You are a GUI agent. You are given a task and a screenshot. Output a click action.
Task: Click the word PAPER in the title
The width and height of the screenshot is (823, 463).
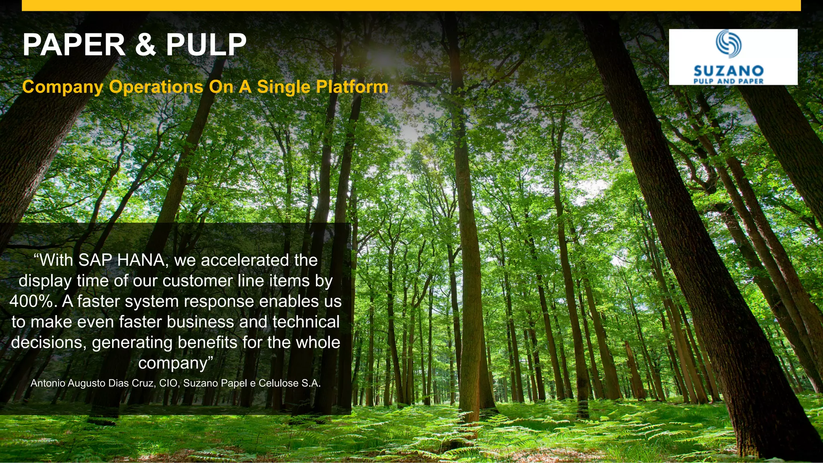(74, 45)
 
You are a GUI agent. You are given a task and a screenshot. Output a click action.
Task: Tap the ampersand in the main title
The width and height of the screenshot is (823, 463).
(145, 45)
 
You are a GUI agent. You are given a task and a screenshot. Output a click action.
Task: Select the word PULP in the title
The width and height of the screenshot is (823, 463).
(206, 45)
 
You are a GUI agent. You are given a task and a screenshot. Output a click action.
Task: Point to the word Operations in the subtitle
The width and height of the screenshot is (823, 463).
(156, 87)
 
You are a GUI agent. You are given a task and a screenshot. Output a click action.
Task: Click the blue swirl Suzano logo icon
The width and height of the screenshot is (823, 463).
(728, 43)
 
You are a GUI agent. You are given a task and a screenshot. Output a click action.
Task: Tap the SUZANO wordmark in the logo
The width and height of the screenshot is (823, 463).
(729, 71)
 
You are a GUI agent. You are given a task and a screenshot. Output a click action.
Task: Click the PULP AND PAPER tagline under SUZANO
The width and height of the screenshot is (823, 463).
(729, 81)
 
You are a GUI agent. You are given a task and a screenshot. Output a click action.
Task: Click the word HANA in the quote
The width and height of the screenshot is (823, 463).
(140, 260)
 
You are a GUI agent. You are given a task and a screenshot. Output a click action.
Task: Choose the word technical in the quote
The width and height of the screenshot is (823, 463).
(306, 322)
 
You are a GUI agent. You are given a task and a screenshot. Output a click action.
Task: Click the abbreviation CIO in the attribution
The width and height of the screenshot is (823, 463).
(168, 383)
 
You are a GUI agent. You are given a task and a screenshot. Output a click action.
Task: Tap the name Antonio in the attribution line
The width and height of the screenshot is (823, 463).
(48, 383)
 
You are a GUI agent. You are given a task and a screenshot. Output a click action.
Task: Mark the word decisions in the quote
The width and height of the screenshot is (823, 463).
(48, 342)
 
